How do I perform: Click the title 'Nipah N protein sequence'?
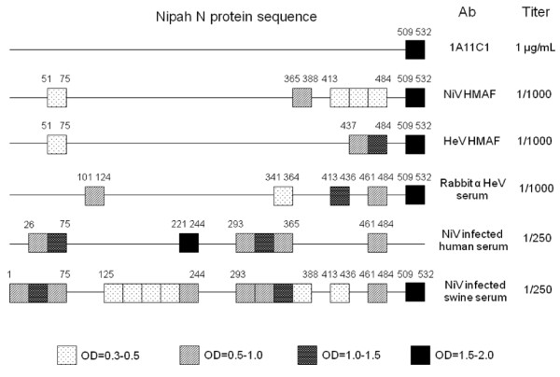(236, 17)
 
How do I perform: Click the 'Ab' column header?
(468, 12)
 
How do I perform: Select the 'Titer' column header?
(536, 12)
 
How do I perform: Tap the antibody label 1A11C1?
(469, 47)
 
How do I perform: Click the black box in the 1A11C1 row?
(415, 49)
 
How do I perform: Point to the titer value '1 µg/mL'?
(536, 48)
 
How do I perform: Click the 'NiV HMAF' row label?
(469, 94)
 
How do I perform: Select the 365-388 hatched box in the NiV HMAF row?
(302, 97)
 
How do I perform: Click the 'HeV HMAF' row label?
(471, 141)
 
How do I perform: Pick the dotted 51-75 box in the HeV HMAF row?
(57, 145)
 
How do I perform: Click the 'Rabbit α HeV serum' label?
(473, 188)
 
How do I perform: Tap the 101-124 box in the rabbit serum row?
(94, 196)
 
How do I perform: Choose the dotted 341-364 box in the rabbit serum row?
(283, 196)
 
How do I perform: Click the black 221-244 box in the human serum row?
(189, 243)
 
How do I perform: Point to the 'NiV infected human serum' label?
(473, 240)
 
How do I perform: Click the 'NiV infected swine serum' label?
(475, 291)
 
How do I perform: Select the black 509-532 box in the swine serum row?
(415, 292)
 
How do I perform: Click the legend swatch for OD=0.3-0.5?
(67, 355)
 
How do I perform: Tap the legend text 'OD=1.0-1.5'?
(351, 356)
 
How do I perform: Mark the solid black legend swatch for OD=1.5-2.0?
(420, 355)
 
